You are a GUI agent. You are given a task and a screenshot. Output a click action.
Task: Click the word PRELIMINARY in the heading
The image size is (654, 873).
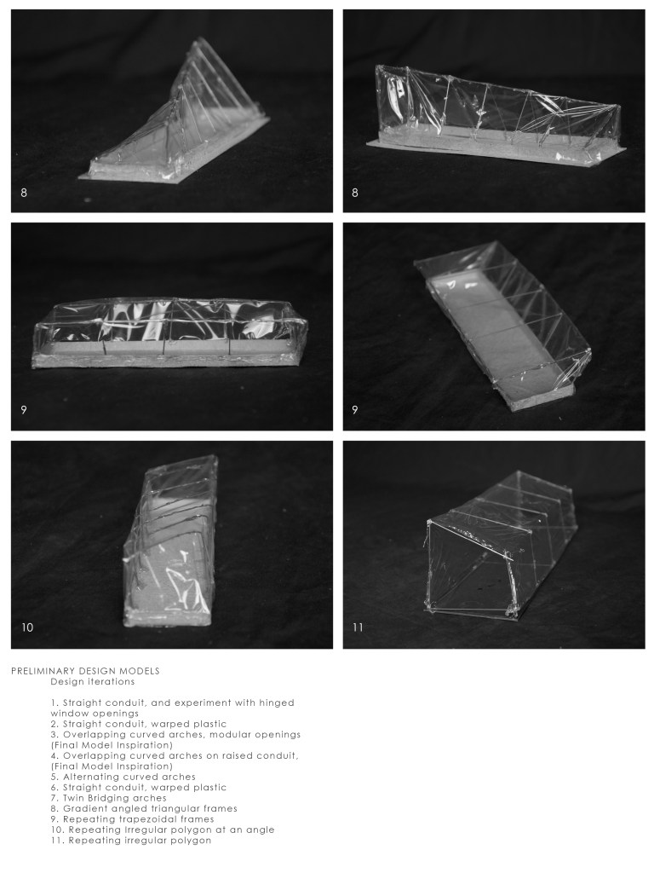(x=43, y=671)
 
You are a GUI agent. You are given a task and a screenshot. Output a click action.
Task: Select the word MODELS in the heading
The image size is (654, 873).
(x=139, y=671)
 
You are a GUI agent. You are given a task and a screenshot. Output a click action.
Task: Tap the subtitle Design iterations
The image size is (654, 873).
(x=92, y=681)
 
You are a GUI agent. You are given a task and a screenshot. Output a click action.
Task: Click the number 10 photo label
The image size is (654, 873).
(x=27, y=627)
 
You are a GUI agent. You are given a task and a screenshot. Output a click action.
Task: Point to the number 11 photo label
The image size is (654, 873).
(x=358, y=627)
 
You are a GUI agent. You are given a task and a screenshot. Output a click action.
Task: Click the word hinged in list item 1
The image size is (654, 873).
(x=274, y=702)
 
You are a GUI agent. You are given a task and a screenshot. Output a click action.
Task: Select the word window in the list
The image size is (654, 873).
(x=70, y=713)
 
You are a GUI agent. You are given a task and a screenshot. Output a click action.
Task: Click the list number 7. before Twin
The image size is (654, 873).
(x=54, y=798)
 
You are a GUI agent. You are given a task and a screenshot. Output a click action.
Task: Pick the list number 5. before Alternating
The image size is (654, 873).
(x=54, y=777)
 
